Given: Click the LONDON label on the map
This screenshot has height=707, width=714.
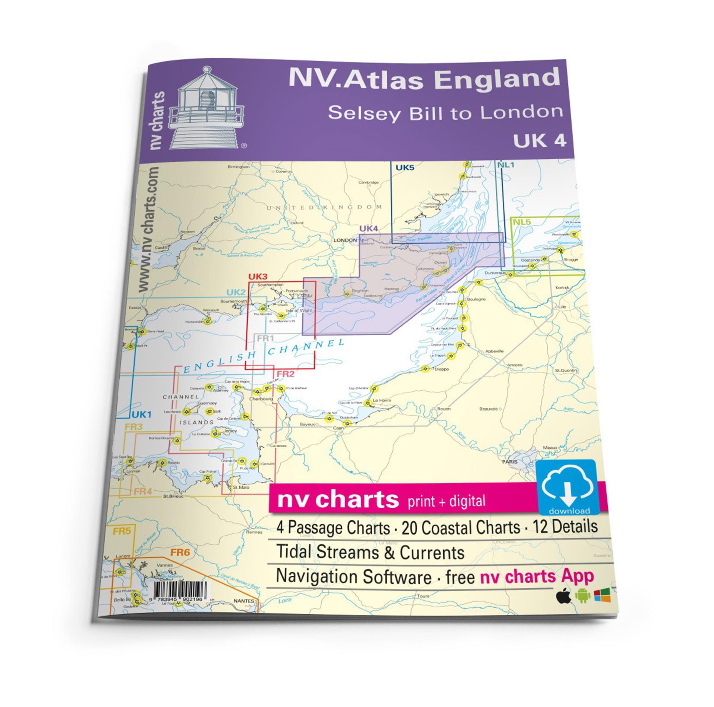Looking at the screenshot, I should [x=345, y=240].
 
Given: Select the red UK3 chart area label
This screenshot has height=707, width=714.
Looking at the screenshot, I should [x=258, y=277].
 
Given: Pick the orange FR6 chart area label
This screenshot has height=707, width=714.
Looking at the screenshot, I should [x=180, y=553].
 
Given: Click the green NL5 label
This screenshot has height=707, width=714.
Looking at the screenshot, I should [x=521, y=222].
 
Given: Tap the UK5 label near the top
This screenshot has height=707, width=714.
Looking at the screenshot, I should [x=405, y=168].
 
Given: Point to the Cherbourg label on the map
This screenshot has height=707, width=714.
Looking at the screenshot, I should [x=261, y=399].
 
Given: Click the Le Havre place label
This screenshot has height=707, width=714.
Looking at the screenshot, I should [x=382, y=400].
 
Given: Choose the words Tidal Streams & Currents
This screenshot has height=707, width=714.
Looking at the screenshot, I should [x=370, y=552].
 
